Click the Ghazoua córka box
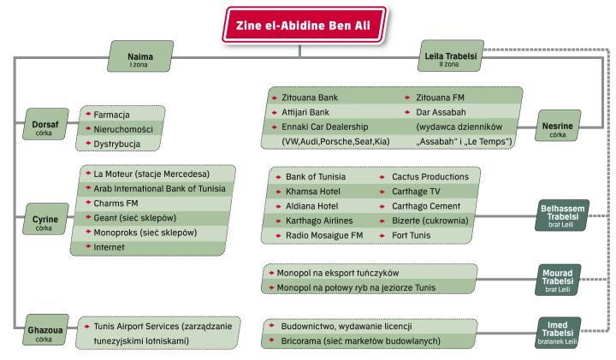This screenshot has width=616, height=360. [44, 332]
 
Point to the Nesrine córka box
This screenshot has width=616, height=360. [557, 129]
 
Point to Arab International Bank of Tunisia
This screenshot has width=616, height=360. [159, 188]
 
